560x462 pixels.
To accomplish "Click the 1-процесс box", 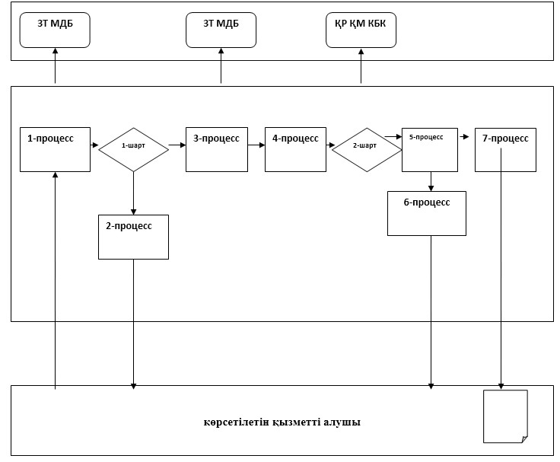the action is (x=55, y=149).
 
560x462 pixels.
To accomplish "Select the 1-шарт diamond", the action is (x=134, y=149).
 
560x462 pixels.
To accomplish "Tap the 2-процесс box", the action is (x=134, y=237).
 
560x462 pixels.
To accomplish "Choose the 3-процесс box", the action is (x=217, y=149).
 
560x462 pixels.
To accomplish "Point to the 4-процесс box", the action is (x=295, y=149).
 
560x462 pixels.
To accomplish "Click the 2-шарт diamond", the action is (x=367, y=150).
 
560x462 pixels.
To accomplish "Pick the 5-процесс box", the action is (x=430, y=150).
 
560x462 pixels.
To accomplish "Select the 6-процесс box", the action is (x=427, y=213).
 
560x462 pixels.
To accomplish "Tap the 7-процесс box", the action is (x=505, y=150).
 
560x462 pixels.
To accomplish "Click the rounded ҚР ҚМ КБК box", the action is (x=361, y=30).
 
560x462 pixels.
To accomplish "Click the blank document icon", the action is (x=505, y=416).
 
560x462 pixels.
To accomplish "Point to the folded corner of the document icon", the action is (x=525, y=439).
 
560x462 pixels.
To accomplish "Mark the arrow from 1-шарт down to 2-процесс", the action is (x=134, y=193).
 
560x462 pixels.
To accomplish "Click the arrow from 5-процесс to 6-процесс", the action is (x=431, y=181).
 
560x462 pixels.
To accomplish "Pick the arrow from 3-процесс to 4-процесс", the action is (x=256, y=145).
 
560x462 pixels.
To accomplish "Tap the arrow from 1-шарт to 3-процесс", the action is (x=177, y=145).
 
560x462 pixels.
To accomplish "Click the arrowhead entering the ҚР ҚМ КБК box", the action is (x=361, y=51).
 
